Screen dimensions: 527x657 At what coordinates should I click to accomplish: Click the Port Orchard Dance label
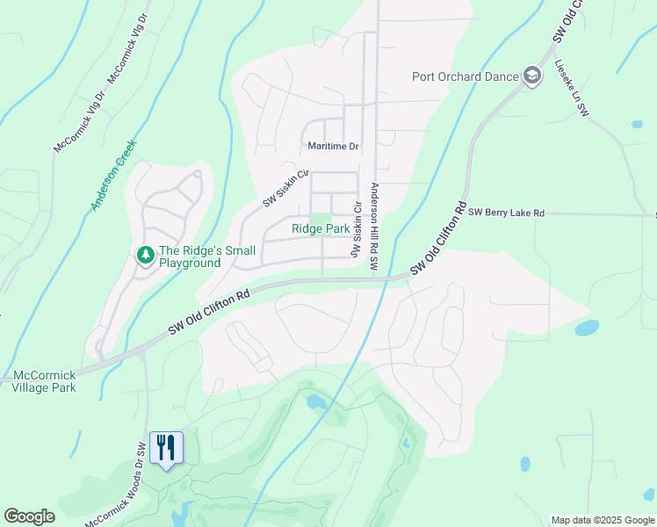tap(466, 76)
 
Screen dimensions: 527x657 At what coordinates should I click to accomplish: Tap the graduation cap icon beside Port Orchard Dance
tap(531, 76)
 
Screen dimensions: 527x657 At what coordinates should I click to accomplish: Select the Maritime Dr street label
tap(334, 147)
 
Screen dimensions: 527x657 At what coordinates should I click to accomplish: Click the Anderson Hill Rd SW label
tap(374, 226)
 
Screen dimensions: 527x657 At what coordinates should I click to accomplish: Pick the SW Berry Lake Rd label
tap(507, 213)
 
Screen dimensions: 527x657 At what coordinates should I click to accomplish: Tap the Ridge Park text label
tap(321, 229)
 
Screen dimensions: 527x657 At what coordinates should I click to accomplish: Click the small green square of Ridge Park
tap(322, 219)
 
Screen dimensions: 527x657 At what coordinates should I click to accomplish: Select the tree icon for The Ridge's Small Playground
tap(145, 256)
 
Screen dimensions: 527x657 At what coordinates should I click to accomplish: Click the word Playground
tap(190, 263)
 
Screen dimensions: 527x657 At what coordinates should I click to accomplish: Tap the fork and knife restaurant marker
tap(166, 448)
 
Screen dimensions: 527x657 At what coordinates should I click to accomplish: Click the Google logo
tap(30, 516)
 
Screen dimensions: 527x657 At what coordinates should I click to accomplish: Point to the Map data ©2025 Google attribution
tap(602, 520)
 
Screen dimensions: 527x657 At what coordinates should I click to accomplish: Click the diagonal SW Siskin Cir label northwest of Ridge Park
tap(286, 189)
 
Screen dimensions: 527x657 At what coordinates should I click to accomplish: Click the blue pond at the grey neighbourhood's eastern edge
tap(587, 328)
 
